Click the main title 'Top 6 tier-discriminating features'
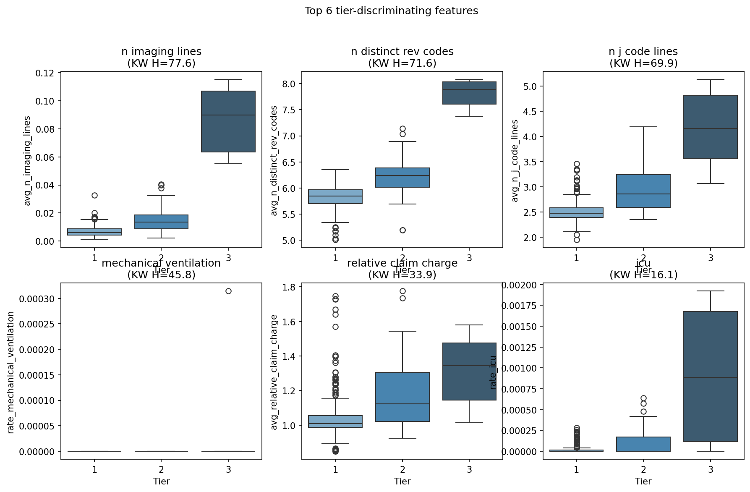tap(391, 11)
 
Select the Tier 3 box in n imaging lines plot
tap(228, 121)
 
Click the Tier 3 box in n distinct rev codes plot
tap(469, 93)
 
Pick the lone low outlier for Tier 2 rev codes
tap(402, 230)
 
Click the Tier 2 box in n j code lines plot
tap(643, 191)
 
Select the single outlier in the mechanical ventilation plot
tap(228, 291)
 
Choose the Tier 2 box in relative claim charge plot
tap(402, 397)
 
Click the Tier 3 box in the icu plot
tap(710, 377)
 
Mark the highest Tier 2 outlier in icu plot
tap(643, 398)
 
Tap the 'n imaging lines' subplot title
tap(161, 52)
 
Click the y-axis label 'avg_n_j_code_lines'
tap(515, 160)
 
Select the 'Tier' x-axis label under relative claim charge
tap(402, 481)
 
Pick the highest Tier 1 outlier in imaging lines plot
tap(94, 195)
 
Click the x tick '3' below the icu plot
tap(710, 469)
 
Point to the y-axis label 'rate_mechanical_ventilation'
tap(11, 372)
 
